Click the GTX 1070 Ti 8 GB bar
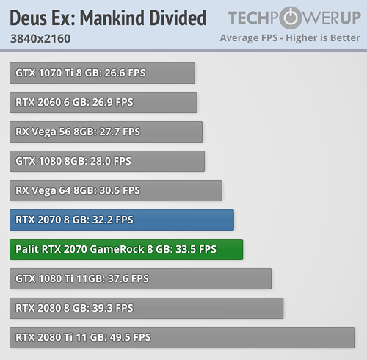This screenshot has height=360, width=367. tap(102, 73)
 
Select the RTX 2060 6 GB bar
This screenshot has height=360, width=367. tap(103, 102)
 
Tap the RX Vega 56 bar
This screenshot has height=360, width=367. tap(106, 132)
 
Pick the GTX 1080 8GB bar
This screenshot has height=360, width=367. tap(107, 161)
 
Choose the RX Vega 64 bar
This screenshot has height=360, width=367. tap(115, 190)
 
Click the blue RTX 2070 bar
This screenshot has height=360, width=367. tap(121, 220)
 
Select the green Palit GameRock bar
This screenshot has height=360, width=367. tap(126, 249)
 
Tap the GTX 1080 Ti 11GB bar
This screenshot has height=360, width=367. tap(140, 278)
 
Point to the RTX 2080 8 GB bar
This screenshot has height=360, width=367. tap(146, 308)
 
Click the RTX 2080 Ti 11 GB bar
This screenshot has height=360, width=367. tap(183, 337)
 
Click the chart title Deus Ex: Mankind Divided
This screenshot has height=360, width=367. tap(108, 18)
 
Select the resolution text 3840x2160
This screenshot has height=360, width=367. tap(40, 38)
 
